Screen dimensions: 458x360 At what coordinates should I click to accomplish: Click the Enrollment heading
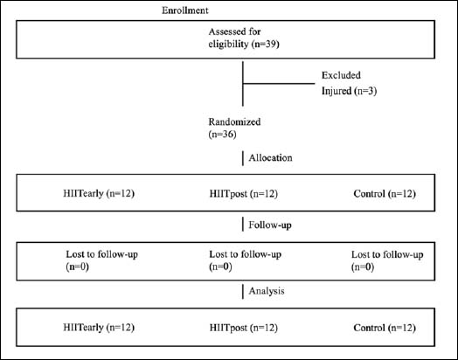pos(185,10)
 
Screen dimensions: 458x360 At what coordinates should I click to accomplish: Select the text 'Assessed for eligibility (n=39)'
pos(244,38)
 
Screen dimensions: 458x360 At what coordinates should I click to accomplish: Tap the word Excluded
pos(341,75)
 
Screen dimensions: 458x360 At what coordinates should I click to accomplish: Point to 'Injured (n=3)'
pos(349,91)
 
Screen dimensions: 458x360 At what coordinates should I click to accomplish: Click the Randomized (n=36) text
pos(234,128)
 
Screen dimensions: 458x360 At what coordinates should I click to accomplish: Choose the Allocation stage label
pos(270,158)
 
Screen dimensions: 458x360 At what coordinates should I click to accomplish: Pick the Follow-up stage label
pos(270,225)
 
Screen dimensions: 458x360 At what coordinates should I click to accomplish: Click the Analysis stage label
pos(267,291)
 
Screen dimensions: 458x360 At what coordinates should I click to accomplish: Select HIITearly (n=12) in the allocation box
pos(99,194)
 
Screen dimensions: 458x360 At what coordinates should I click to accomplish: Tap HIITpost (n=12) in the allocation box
pos(244,194)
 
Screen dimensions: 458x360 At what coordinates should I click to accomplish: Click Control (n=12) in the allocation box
pos(385,194)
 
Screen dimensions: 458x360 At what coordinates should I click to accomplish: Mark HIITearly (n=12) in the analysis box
pos(99,328)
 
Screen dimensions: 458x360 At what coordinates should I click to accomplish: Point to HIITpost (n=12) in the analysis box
pos(244,328)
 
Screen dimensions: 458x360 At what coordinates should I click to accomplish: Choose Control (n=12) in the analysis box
pos(385,328)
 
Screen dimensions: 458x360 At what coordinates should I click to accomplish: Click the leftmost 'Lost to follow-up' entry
pos(101,260)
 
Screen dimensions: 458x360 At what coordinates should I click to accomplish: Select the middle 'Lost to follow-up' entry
pos(245,260)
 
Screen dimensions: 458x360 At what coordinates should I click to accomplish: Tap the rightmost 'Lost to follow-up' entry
pos(387,260)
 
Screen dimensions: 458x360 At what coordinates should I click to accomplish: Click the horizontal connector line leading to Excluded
pos(279,84)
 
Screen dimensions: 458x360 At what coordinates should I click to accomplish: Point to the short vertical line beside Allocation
pos(243,158)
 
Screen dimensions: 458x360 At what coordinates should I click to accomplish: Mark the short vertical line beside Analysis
pos(243,291)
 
